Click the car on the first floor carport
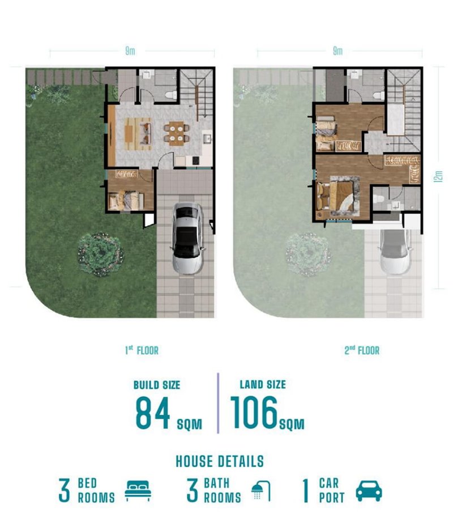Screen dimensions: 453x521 [x=187, y=239]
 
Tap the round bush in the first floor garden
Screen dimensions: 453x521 [x=100, y=255]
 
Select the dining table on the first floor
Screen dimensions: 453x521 [x=176, y=133]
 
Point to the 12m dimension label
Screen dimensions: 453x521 [x=438, y=176]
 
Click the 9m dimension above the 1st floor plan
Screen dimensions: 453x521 [x=130, y=51]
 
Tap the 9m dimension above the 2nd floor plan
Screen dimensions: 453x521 [x=337, y=51]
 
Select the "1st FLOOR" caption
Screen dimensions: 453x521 [x=142, y=350]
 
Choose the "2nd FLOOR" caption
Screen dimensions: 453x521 [x=362, y=350]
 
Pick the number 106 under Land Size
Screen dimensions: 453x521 [x=254, y=412]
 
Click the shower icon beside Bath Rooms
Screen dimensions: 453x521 [x=261, y=491]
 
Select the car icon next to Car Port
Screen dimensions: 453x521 [x=369, y=490]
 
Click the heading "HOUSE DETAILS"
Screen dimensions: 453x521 [x=220, y=461]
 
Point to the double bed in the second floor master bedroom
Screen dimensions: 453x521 [x=340, y=196]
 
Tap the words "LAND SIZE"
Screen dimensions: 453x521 [x=263, y=384]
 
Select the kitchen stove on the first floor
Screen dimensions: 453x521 [x=196, y=160]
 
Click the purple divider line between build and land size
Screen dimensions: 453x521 [x=218, y=403]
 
